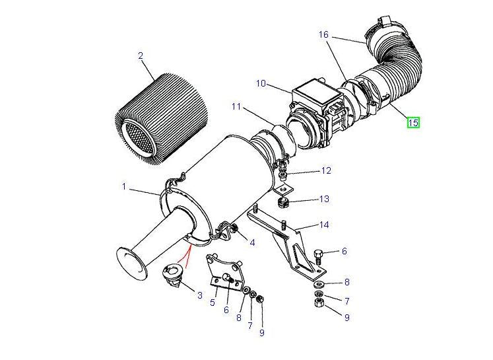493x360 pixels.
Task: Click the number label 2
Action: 141,56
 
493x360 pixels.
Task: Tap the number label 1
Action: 123,187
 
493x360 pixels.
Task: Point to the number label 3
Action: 200,295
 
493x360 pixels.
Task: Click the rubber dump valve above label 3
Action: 174,273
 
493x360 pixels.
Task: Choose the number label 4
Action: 252,243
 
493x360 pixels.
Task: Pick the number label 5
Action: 213,303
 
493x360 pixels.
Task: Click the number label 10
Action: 261,83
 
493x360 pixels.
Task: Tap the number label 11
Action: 236,106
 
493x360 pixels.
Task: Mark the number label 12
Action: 326,171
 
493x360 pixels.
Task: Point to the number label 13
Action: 324,199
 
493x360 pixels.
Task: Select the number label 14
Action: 323,225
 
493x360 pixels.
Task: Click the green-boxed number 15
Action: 413,122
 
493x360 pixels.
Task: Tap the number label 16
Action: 323,34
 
